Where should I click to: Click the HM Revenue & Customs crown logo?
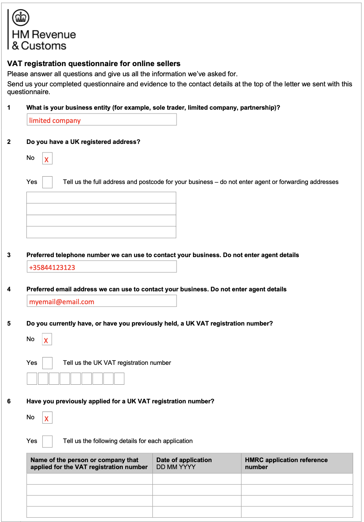click(x=21, y=18)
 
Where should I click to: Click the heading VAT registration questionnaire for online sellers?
click(x=94, y=63)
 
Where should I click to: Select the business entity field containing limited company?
click(x=101, y=120)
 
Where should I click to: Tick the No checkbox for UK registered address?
click(x=47, y=159)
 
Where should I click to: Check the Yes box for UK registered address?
click(x=47, y=182)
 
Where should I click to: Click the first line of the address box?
click(x=101, y=198)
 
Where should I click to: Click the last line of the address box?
click(x=101, y=232)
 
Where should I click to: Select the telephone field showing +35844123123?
click(x=101, y=267)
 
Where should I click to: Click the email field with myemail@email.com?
click(x=101, y=301)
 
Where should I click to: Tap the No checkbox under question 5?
click(x=47, y=340)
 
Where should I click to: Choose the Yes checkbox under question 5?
click(x=47, y=363)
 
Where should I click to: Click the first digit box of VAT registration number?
click(x=32, y=378)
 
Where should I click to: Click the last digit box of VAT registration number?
click(x=119, y=378)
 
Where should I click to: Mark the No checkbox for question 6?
click(x=47, y=418)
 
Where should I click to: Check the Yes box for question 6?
click(x=47, y=441)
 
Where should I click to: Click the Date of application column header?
click(x=184, y=463)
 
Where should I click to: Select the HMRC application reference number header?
click(x=286, y=463)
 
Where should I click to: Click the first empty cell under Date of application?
click(x=197, y=479)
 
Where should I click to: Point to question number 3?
click(x=9, y=255)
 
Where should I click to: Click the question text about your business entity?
click(x=153, y=108)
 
